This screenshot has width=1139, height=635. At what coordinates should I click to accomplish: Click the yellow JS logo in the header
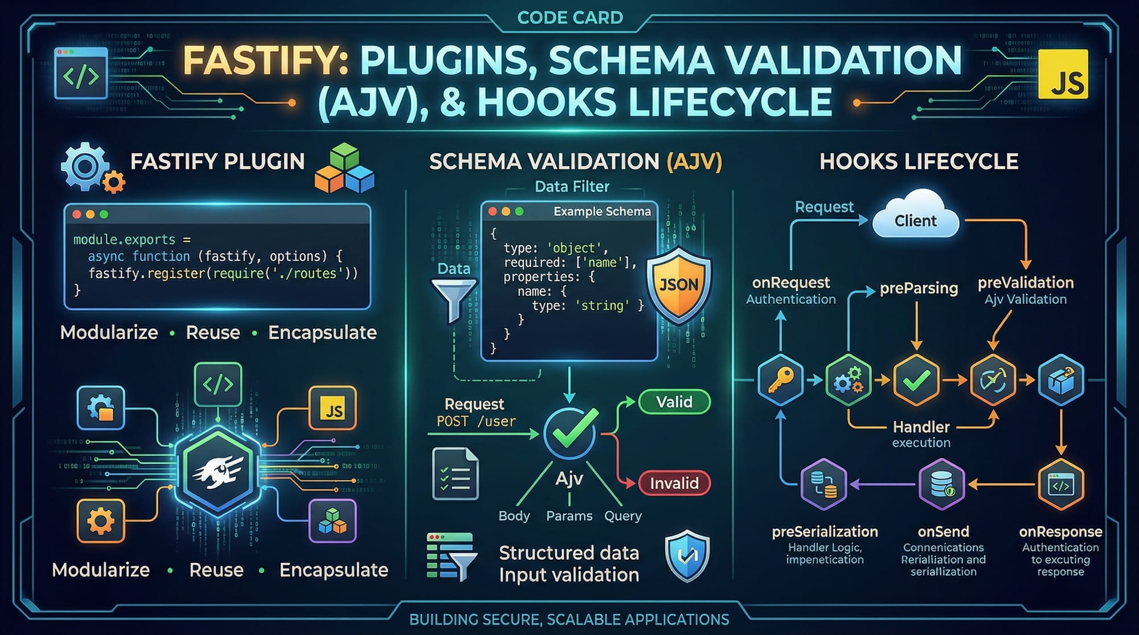1063,74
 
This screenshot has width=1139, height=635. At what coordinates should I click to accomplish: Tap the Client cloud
915,220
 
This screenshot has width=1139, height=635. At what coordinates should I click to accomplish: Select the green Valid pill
674,402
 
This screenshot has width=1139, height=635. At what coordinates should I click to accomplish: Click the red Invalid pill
674,483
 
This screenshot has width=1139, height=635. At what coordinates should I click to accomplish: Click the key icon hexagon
781,380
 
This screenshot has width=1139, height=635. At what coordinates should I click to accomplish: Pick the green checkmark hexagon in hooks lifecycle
916,380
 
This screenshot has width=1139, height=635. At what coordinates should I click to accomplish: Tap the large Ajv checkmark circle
569,434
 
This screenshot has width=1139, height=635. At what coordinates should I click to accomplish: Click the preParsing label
918,288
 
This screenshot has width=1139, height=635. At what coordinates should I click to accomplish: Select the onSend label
943,531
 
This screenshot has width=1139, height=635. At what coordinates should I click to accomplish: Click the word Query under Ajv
622,516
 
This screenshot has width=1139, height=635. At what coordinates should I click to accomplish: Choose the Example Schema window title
601,212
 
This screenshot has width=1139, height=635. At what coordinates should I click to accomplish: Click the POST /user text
476,422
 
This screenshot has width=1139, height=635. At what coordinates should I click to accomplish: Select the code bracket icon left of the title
81,74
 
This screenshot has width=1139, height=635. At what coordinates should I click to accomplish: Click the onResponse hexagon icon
1060,485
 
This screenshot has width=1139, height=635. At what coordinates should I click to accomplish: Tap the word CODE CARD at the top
569,18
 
